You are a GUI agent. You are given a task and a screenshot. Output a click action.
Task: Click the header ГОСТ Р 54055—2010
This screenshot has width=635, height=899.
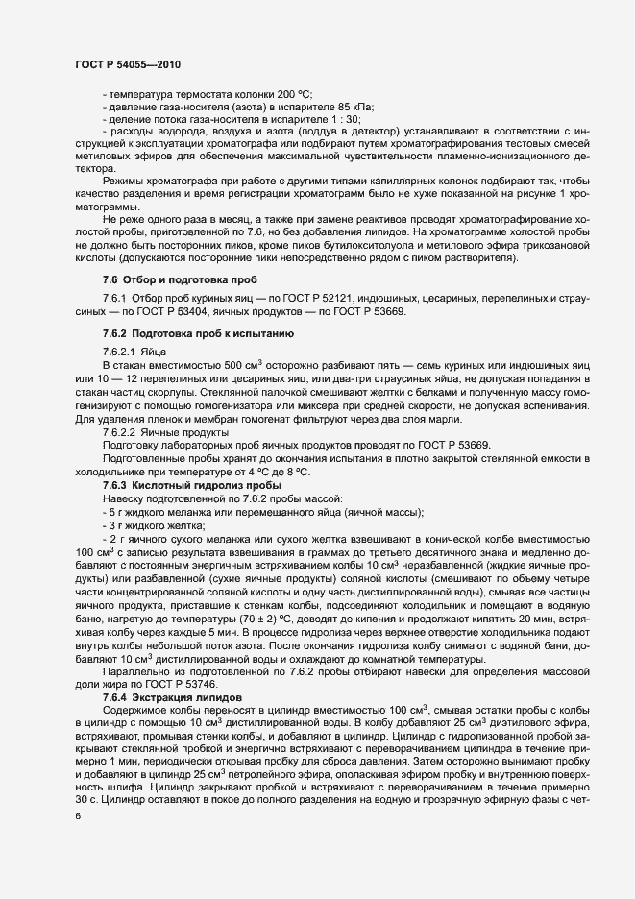tap(127, 63)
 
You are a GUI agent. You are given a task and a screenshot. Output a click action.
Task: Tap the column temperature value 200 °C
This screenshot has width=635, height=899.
tap(295, 94)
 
